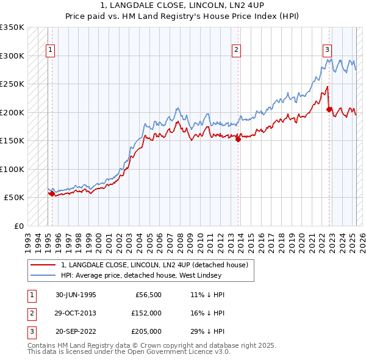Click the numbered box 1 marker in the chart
(x=50, y=51)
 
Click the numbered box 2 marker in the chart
(x=236, y=51)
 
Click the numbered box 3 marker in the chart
(x=327, y=51)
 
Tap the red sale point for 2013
(x=239, y=139)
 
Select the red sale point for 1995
(x=52, y=194)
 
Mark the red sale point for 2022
(x=329, y=110)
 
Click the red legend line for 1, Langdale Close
(x=43, y=265)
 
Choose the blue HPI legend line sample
(x=43, y=276)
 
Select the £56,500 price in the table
(x=147, y=295)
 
